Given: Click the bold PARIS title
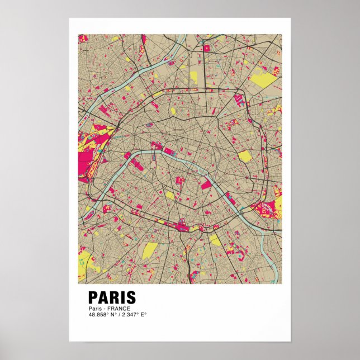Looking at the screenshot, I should point(112,297).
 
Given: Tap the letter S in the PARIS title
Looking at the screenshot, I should point(130,297).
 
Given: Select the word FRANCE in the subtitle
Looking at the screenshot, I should point(119,309).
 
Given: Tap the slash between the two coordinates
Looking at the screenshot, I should point(117,314).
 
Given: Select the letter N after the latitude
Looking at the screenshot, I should point(112,314).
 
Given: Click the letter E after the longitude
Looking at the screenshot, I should point(144,314).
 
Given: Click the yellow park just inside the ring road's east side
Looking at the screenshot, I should point(245,156).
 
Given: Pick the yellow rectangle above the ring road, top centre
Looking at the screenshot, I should point(193,77).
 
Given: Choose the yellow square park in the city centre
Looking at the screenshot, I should point(170,195).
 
